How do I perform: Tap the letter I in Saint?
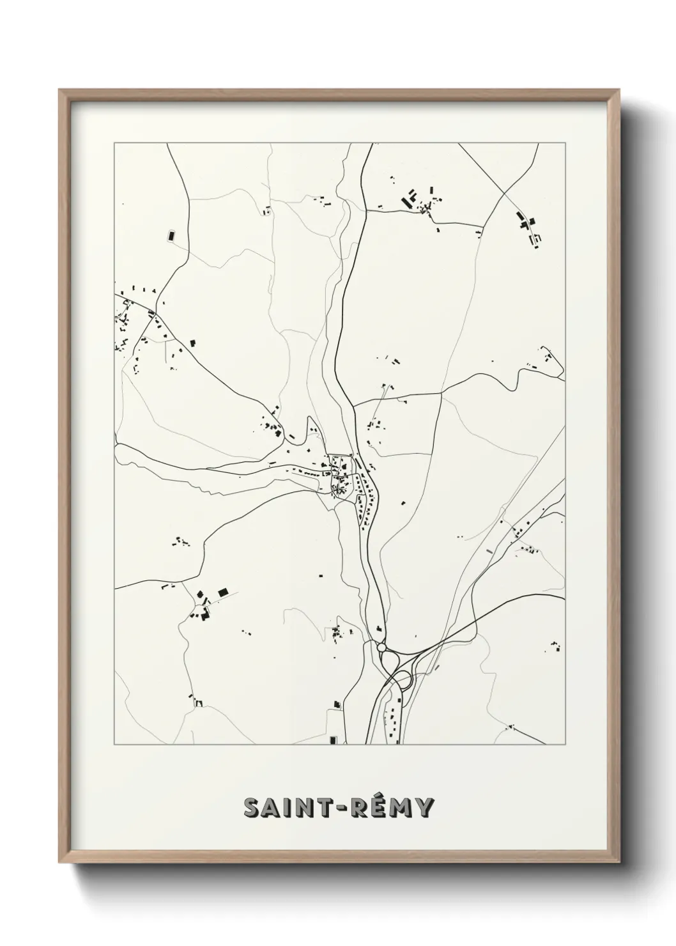(x=284, y=808)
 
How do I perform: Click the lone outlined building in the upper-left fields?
(x=171, y=235)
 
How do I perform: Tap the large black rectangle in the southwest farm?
(x=222, y=593)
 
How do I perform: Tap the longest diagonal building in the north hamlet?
(x=405, y=201)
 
